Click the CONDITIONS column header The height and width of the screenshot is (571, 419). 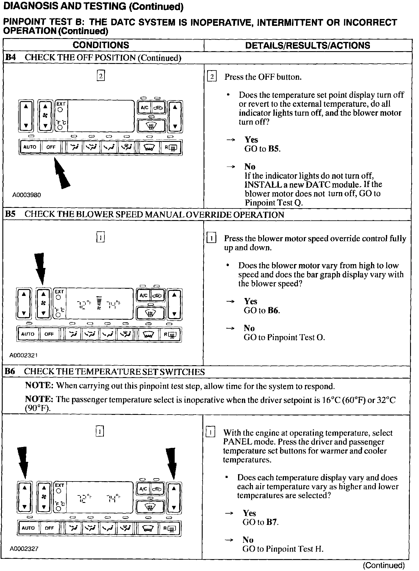point(101,45)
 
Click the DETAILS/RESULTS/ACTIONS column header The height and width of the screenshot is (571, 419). point(307,46)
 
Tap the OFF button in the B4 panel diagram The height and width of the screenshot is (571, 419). point(51,147)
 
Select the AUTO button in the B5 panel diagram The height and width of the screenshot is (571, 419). point(28,334)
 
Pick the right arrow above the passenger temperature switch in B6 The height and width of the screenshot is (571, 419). point(171,464)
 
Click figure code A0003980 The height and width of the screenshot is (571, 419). point(26,195)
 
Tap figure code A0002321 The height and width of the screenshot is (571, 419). point(24,355)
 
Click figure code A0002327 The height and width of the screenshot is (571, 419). point(24,549)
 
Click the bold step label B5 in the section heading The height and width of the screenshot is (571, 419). point(10,214)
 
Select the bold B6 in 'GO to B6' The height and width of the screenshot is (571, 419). point(273,310)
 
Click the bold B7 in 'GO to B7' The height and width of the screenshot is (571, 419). point(272,522)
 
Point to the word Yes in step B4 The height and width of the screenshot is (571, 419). point(251,140)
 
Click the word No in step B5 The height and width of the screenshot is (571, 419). point(249,328)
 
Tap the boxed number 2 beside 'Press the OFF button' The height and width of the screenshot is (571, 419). point(212,77)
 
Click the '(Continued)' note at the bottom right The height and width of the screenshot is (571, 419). point(384,565)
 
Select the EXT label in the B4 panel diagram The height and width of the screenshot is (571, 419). point(61,104)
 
